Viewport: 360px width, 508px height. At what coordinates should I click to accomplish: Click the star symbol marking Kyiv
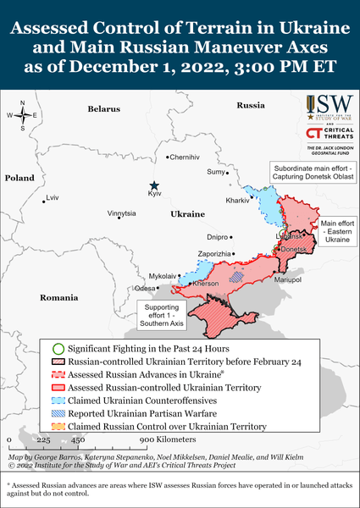click(153, 185)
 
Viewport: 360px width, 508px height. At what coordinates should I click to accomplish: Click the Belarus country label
click(104, 109)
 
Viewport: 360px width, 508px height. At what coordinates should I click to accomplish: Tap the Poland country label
click(19, 179)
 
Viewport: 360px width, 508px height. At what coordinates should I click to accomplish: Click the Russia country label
click(251, 105)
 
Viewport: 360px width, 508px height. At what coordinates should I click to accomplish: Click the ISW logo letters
click(330, 105)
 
